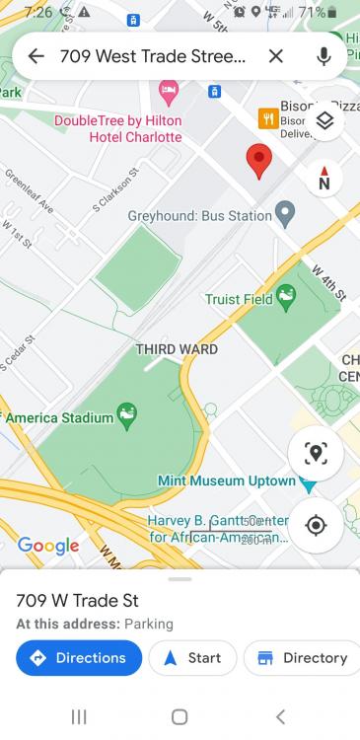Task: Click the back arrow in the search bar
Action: point(36,56)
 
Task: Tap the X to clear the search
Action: point(276,56)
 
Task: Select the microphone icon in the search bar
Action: point(324,56)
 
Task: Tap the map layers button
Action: point(324,121)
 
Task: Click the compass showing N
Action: point(324,179)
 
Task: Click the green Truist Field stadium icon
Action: point(286,295)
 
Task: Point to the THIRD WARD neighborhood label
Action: point(177,349)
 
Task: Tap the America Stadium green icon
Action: point(127,415)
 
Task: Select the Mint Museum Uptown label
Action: point(227,481)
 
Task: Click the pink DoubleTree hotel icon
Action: point(169,92)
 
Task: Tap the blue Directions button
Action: point(79,658)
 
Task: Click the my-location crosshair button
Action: point(316,525)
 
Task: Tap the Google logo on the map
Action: point(48,546)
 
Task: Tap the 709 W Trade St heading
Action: point(78,601)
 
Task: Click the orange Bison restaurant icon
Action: point(267,118)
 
